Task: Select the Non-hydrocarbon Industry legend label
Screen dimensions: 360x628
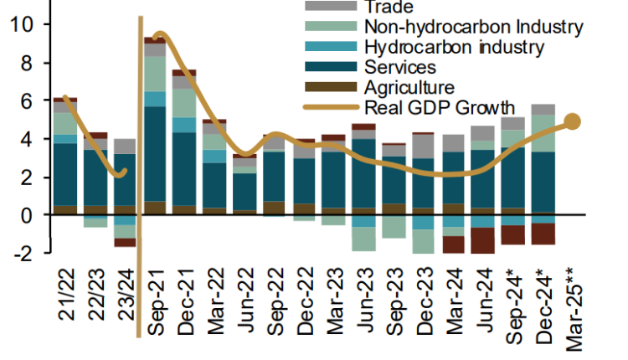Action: point(474,27)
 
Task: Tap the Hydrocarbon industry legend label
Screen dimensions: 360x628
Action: point(456,47)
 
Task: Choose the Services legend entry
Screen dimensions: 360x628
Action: point(400,67)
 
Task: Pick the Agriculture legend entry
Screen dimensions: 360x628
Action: point(409,87)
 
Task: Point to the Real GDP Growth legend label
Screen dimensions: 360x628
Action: point(438,107)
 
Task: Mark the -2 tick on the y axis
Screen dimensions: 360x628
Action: point(20,253)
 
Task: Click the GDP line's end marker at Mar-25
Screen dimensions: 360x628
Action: point(573,121)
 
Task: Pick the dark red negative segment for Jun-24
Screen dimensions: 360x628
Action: point(483,240)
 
